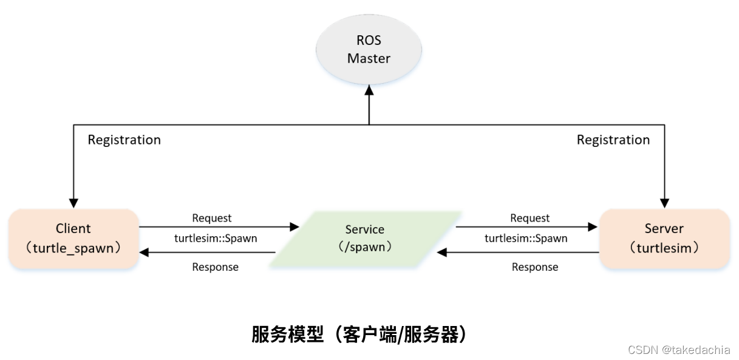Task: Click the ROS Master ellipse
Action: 369,50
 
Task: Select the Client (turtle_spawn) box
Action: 73,239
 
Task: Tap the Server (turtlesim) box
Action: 664,239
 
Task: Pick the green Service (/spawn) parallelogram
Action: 365,239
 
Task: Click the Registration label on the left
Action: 124,140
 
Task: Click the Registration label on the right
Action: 613,140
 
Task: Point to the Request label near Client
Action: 211,218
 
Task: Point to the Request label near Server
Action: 530,218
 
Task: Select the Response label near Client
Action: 215,267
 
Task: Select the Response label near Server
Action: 534,267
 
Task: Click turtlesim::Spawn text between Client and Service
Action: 216,239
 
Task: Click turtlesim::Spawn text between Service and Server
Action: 526,239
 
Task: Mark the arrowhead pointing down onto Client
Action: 74,203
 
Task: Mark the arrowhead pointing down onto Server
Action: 664,203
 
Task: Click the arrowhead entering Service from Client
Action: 295,227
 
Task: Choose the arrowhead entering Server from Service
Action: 593,227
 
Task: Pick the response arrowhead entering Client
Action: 145,252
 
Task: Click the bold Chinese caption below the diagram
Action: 361,335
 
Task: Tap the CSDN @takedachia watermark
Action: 679,350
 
